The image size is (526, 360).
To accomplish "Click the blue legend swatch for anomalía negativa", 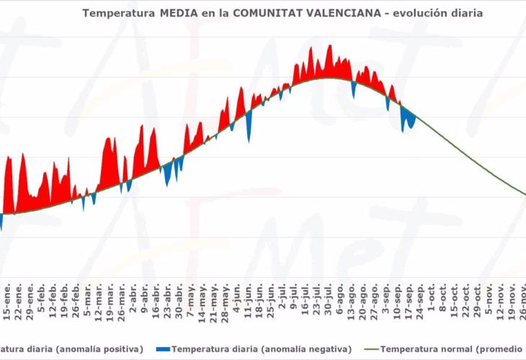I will tap(164, 348).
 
